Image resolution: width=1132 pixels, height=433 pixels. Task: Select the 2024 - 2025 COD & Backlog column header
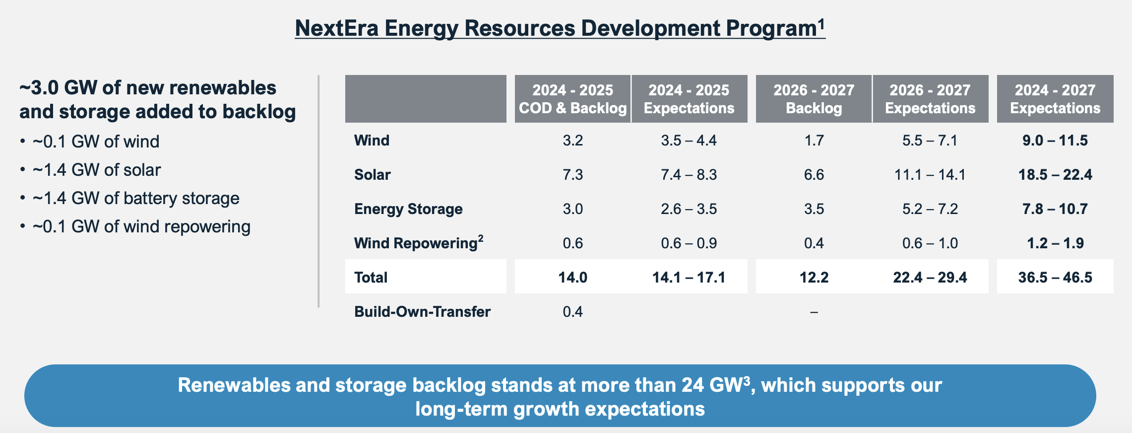pos(572,99)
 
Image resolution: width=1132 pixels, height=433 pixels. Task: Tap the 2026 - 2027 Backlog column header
pos(814,99)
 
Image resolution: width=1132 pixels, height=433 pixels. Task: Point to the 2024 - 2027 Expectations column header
pos(1055,99)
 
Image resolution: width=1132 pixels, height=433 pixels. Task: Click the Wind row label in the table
pos(372,141)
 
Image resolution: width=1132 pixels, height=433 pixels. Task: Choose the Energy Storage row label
pos(408,209)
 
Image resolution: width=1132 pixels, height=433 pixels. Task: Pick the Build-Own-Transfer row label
pos(422,312)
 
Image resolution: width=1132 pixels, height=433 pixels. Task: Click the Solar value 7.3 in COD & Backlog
pos(572,175)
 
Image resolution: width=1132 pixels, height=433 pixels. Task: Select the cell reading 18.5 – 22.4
pos(1055,175)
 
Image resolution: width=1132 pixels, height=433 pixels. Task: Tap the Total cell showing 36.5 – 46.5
pos(1055,278)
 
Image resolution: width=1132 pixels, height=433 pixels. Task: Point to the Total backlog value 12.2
pos(814,278)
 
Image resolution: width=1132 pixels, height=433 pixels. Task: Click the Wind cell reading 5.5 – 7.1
pos(930,141)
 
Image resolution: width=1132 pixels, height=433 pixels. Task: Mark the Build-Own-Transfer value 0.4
pos(572,312)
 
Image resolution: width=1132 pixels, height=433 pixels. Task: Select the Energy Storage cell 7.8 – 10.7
pos(1055,209)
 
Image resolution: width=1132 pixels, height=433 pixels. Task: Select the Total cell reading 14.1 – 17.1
pos(689,278)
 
